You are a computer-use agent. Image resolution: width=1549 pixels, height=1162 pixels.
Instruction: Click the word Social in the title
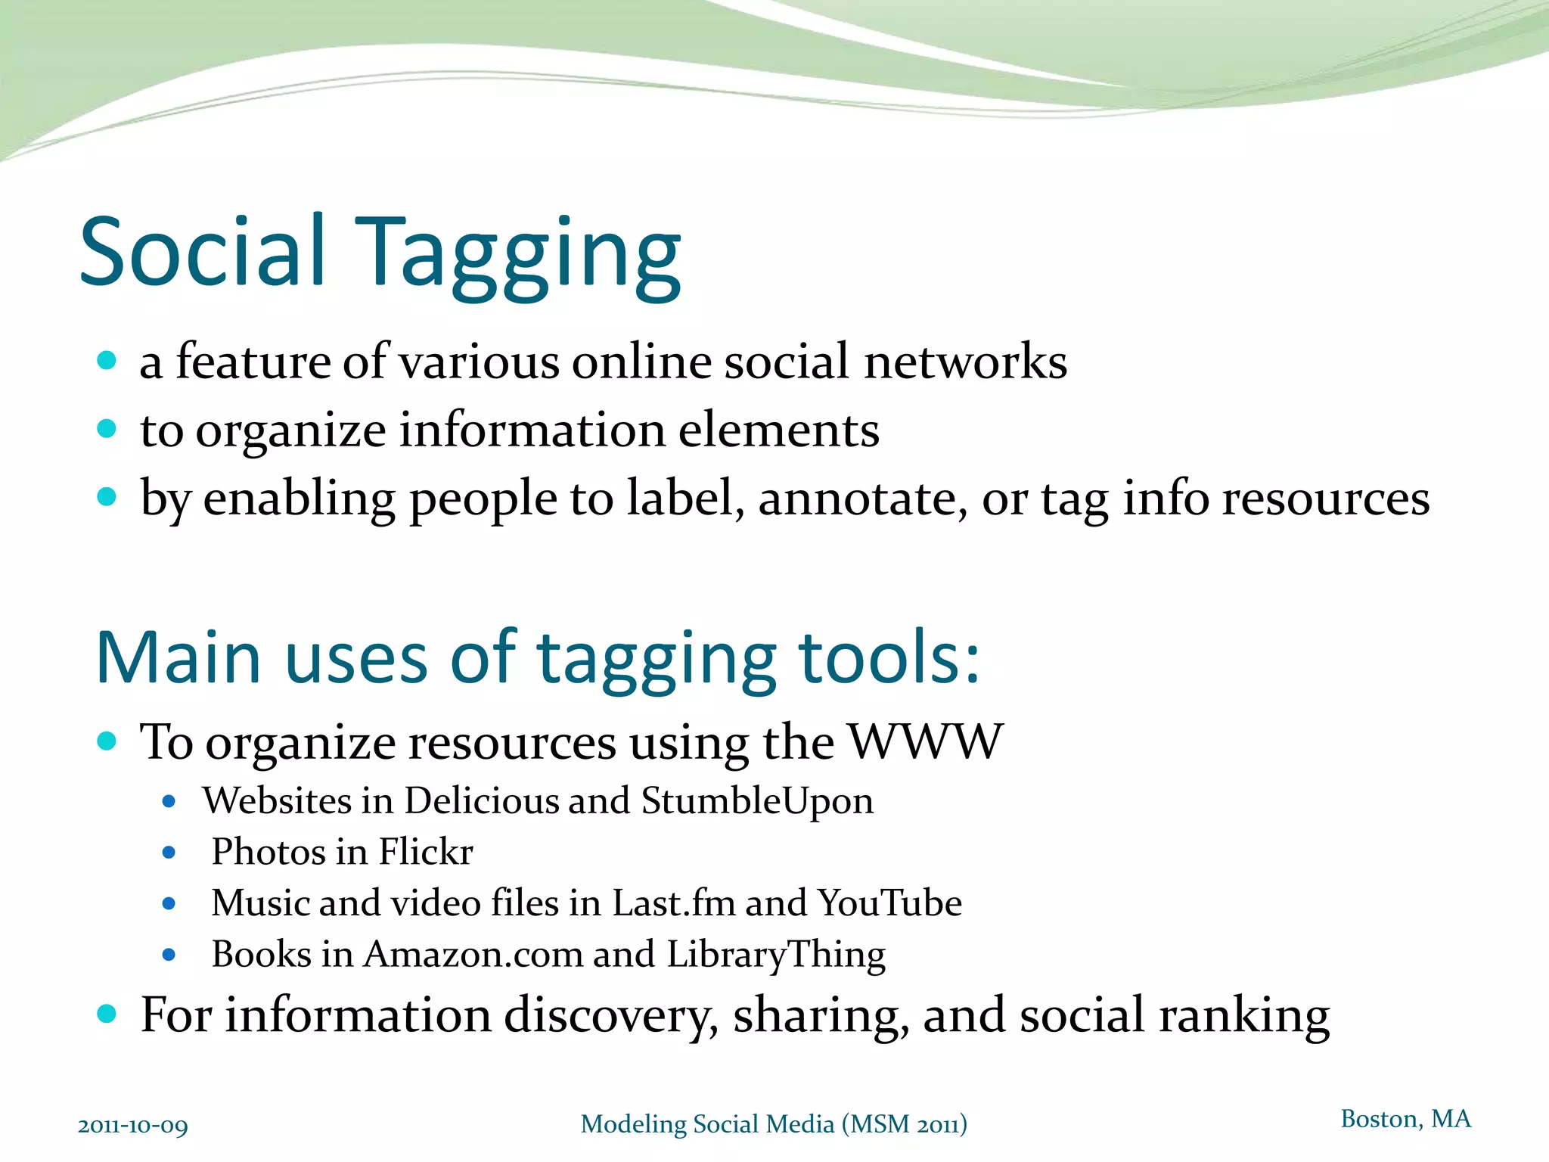pos(203,251)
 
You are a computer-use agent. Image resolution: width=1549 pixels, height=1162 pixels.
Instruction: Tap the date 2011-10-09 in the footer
pos(133,1126)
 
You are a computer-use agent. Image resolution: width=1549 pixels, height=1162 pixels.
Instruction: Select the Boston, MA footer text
pos(1405,1119)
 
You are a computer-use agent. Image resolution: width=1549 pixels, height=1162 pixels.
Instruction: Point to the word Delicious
pos(517,800)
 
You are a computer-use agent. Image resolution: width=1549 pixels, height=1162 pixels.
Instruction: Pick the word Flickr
pos(426,852)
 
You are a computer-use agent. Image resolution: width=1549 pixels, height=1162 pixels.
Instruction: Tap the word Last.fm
pos(673,903)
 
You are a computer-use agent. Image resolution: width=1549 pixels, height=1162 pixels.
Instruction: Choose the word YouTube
pos(889,903)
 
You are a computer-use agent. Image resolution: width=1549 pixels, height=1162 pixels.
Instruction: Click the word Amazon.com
pos(473,954)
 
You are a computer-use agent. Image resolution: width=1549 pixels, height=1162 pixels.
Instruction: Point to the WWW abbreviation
pos(925,741)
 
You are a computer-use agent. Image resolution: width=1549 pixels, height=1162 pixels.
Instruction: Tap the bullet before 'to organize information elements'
pos(107,429)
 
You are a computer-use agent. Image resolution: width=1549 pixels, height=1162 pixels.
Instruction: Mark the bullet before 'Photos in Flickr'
pos(169,853)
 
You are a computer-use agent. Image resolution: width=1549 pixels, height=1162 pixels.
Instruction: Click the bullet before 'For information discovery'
pos(107,1014)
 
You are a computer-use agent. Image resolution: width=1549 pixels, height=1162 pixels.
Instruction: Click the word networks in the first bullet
pos(966,362)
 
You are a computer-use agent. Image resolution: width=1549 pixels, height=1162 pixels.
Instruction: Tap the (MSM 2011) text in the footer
pos(904,1125)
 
